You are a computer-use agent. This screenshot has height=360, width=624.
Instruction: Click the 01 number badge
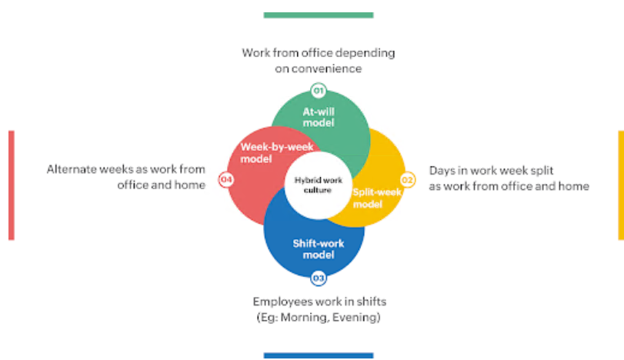tap(318, 90)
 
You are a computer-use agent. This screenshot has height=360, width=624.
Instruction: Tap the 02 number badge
tap(409, 180)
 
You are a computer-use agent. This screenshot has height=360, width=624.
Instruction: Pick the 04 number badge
tap(225, 180)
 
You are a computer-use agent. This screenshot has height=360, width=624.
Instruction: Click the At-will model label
tap(318, 117)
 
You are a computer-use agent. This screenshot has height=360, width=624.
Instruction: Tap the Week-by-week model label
tap(266, 152)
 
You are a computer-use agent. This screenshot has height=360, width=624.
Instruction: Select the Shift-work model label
tap(318, 249)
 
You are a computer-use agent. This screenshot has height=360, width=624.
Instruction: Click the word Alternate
tap(72, 169)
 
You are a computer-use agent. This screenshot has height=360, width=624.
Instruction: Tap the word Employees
tap(282, 302)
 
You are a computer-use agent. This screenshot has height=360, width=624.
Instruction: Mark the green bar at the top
tap(318, 15)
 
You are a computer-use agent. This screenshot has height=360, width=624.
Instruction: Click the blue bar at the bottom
tap(318, 355)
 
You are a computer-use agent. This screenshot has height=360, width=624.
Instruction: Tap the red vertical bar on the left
tap(11, 185)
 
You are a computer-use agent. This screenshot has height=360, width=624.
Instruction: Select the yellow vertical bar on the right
tap(620, 185)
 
